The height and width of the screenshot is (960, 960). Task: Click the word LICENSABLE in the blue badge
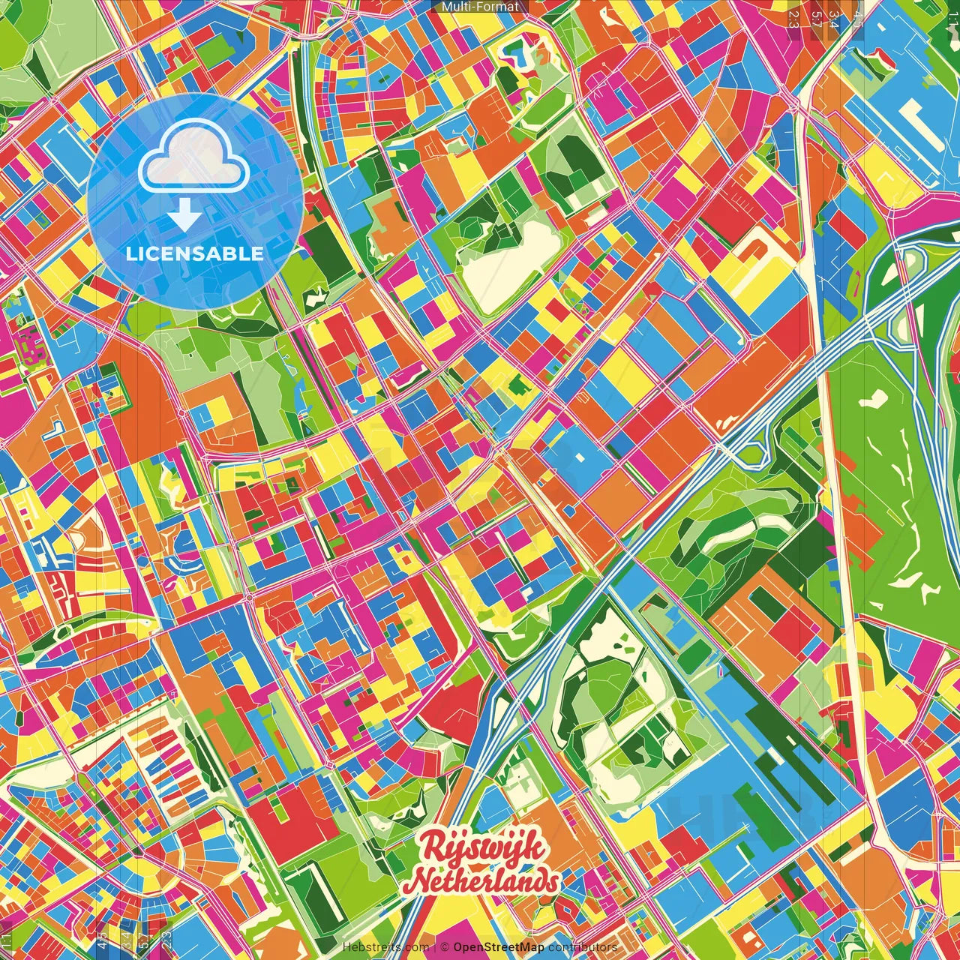(x=195, y=253)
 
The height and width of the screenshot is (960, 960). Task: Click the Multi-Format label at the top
(x=480, y=7)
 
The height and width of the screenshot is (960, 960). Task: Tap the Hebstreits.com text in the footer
(x=386, y=947)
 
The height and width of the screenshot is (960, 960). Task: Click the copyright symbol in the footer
(x=444, y=947)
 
